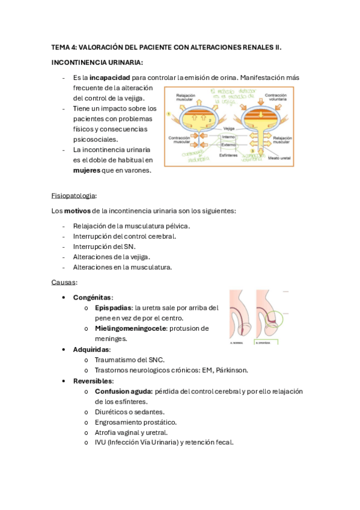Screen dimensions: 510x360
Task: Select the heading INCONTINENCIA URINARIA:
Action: (x=97, y=62)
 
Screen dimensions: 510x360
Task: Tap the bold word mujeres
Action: (x=86, y=170)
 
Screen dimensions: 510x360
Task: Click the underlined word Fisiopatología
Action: (x=74, y=195)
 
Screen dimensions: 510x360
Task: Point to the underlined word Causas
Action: (x=64, y=282)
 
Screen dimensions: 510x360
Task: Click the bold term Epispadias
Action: (x=113, y=307)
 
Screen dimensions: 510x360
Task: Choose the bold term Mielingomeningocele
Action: (x=130, y=328)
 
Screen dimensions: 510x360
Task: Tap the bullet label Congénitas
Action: (x=93, y=297)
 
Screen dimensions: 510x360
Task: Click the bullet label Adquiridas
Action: (x=91, y=349)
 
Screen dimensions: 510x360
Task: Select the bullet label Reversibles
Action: (x=93, y=381)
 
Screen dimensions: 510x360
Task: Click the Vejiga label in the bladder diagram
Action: (x=228, y=128)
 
